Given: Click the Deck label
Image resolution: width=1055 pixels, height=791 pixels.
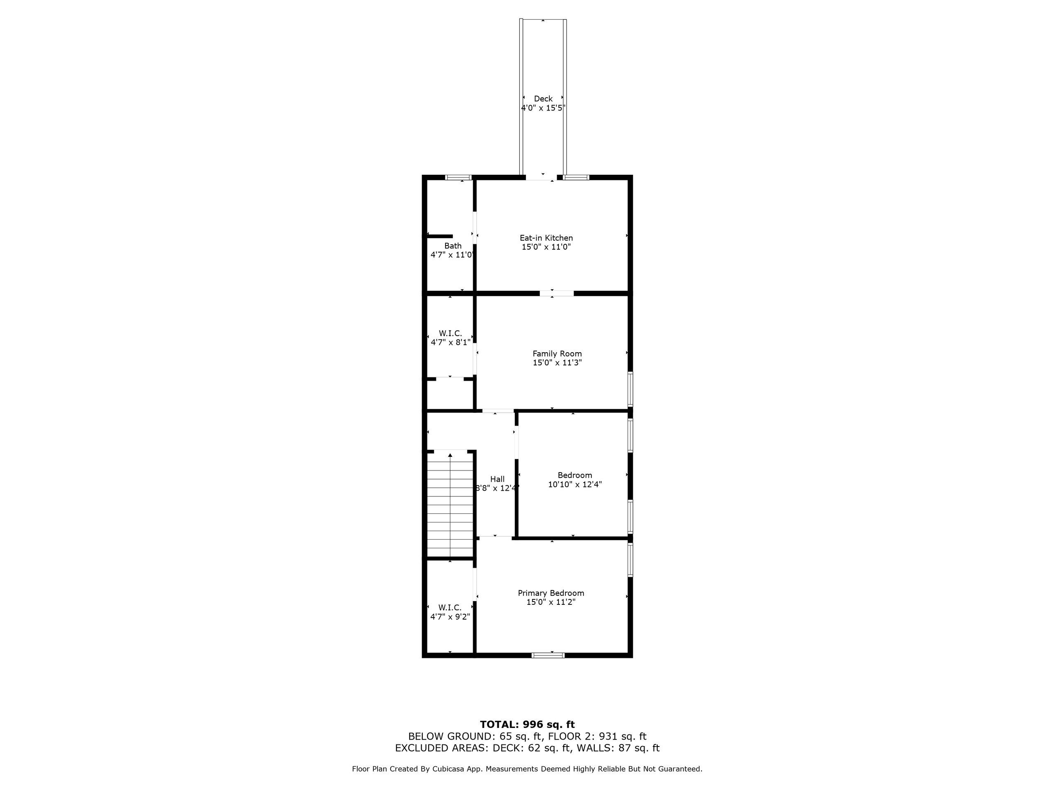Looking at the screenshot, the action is (x=543, y=99).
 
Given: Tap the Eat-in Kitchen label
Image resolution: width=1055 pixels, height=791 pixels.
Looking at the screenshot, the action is (x=546, y=238).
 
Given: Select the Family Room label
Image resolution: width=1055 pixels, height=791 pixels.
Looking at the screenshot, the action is (x=557, y=354).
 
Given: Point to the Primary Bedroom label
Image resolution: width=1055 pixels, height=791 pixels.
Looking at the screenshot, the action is (x=551, y=593).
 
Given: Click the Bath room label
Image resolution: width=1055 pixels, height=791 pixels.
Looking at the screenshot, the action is (x=452, y=246).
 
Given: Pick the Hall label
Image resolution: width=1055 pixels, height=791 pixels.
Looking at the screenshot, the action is (x=497, y=479).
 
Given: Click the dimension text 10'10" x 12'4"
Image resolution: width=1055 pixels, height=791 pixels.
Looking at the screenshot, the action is (x=575, y=484).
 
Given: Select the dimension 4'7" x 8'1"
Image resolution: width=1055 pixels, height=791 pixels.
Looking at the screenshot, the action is (x=451, y=342).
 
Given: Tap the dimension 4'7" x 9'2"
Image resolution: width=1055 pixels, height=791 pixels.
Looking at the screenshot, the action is (x=450, y=616).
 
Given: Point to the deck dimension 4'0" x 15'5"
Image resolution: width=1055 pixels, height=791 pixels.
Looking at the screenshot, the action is (x=543, y=108).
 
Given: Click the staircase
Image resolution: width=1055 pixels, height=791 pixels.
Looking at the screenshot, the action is (x=450, y=504).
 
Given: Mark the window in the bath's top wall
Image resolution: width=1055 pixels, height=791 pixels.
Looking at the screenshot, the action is (x=458, y=178).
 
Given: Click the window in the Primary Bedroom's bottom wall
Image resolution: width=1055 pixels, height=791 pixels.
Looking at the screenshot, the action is (x=548, y=655).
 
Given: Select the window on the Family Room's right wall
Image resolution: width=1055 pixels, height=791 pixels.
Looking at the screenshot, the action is (x=630, y=388).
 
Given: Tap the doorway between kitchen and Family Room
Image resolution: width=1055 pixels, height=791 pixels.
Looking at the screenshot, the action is (x=557, y=293).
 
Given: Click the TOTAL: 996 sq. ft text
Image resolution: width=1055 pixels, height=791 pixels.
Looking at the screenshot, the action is (x=527, y=725).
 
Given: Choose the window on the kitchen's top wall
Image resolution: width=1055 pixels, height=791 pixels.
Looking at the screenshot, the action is (x=576, y=178).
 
